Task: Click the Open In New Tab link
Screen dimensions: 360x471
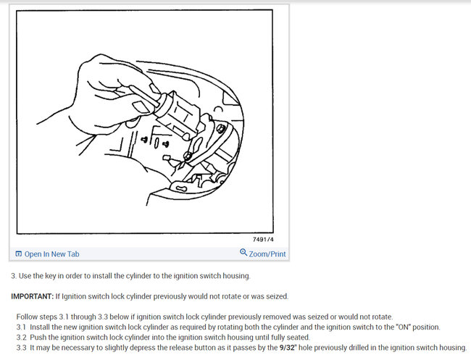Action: pos(51,254)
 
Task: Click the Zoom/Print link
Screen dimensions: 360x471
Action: pos(267,254)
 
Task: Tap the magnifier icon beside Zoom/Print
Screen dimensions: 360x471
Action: pos(243,253)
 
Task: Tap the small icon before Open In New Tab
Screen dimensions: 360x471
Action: pos(18,254)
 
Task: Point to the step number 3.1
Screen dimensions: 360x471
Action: pos(21,327)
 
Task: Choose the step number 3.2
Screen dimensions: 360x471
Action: pos(21,338)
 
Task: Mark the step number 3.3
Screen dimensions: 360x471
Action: pos(21,348)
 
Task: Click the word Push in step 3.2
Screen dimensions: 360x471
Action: pos(40,338)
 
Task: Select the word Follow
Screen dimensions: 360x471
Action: pos(28,317)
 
